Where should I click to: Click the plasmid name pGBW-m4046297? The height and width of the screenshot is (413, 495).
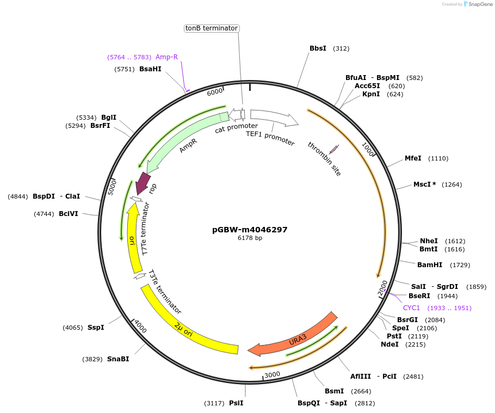coord(250,230)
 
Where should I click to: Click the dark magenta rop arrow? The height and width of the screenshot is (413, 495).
coord(144,183)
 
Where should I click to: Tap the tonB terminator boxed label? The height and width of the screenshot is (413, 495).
coord(212,28)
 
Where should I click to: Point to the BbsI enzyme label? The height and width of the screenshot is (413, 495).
coord(318,48)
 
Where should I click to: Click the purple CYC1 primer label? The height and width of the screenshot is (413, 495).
coord(411,308)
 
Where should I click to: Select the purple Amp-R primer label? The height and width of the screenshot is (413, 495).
coord(166,57)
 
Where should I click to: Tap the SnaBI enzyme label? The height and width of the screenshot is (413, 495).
coord(118,359)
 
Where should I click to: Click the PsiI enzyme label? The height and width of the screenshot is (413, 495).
coord(236,403)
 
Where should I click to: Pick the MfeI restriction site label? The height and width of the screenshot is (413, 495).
coord(413,158)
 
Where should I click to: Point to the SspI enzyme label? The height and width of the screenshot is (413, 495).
coord(96,328)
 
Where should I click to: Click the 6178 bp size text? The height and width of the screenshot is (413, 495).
coord(250,238)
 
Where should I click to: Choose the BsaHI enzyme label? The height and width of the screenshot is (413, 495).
coord(150,69)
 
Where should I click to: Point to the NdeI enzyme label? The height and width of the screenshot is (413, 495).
coord(389,344)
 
